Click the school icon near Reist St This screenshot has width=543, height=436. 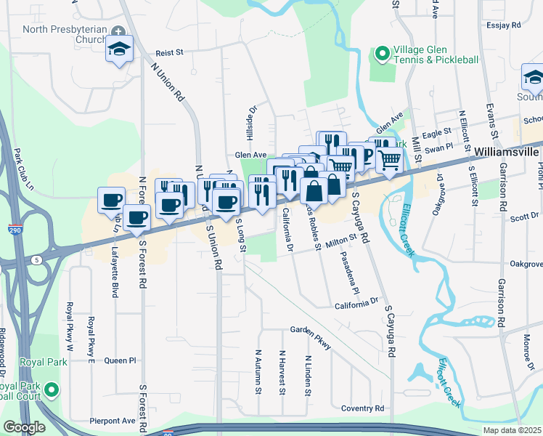(119, 49)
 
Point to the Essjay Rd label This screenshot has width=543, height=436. (505, 25)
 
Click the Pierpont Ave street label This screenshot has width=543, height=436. (113, 420)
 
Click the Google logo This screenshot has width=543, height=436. (24, 427)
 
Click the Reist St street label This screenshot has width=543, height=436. (171, 52)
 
